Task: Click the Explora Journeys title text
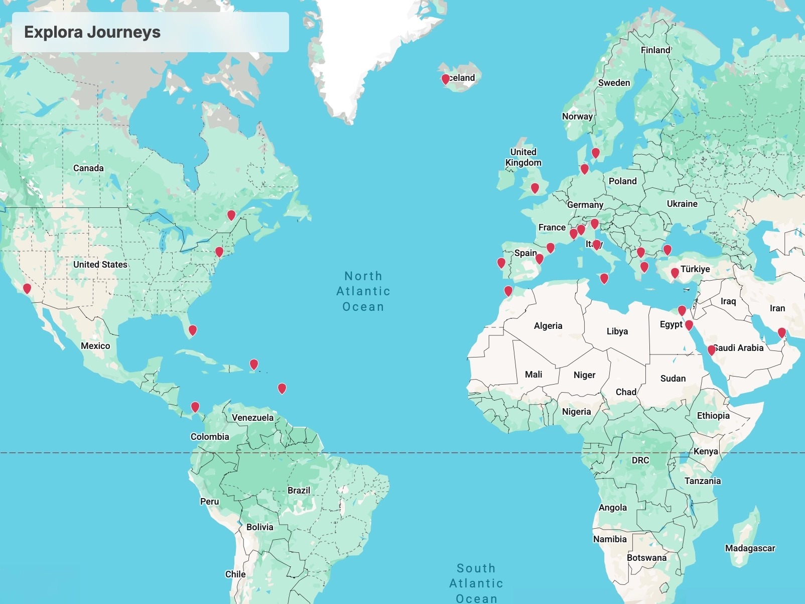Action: [x=92, y=32]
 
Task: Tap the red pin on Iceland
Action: [x=446, y=79]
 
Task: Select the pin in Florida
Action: [x=193, y=330]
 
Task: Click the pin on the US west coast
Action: [x=27, y=288]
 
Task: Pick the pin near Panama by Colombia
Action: [x=195, y=406]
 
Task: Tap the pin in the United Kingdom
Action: [x=535, y=188]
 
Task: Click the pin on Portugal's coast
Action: [x=501, y=263]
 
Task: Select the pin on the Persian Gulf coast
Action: [x=782, y=332]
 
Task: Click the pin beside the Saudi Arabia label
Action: [x=712, y=350]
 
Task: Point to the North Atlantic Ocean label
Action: [x=363, y=291]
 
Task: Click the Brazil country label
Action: [x=299, y=491]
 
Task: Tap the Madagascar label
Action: [x=750, y=548]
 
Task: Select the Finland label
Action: [x=655, y=50]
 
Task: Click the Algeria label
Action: [x=548, y=326]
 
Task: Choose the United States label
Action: [x=100, y=265]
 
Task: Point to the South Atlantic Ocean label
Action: [x=476, y=583]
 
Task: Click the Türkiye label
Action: [x=695, y=269]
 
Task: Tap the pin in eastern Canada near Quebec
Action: [x=231, y=215]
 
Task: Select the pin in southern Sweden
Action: [x=596, y=152]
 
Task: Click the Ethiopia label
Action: [x=713, y=416]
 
